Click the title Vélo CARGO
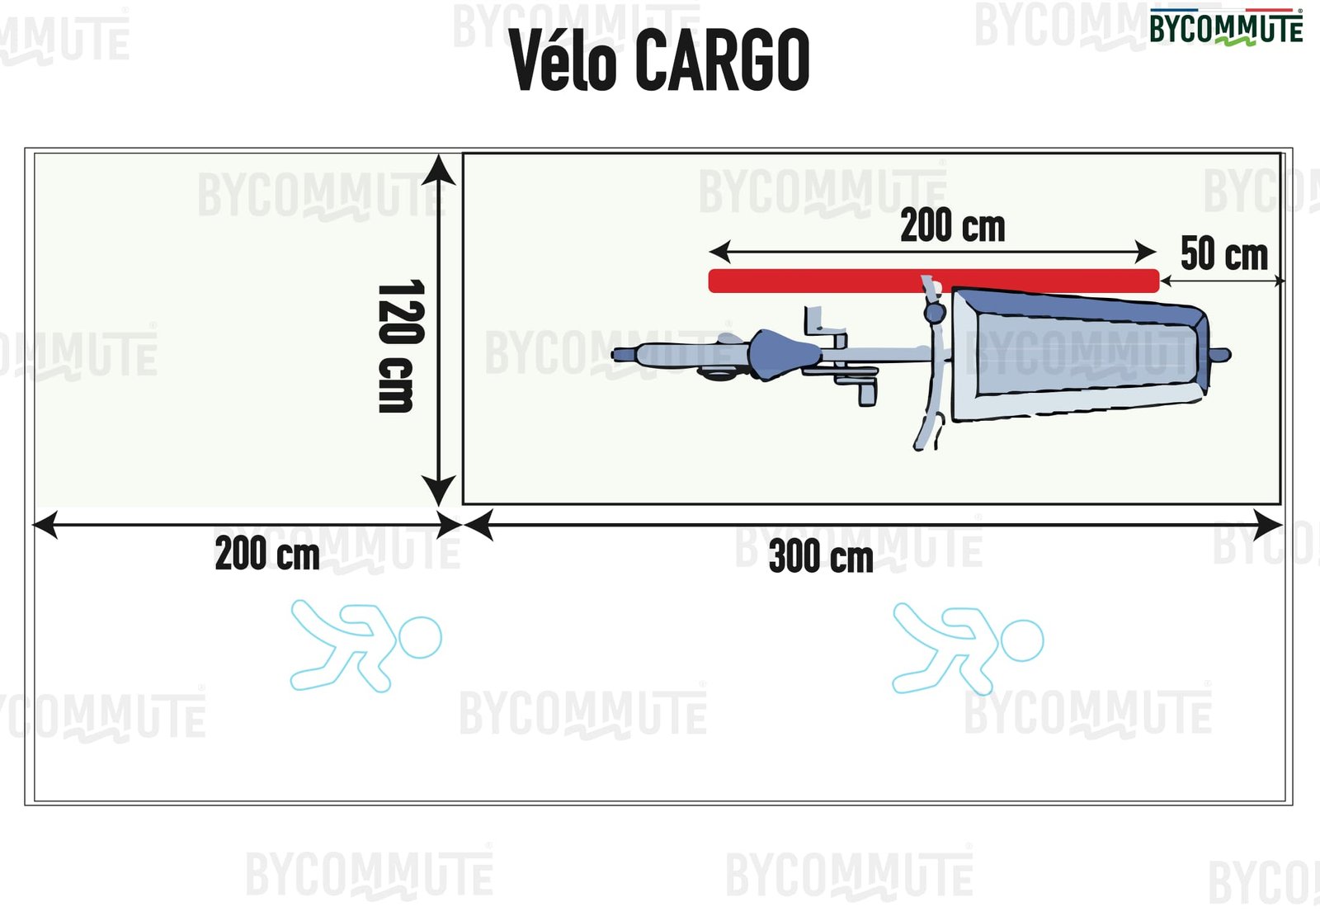pyautogui.click(x=659, y=60)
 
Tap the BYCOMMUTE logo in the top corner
pyautogui.click(x=1226, y=27)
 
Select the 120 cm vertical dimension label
pyautogui.click(x=401, y=346)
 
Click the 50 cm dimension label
pyautogui.click(x=1223, y=253)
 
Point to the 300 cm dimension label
pyautogui.click(x=821, y=555)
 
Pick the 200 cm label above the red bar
pyautogui.click(x=952, y=225)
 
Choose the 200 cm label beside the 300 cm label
pyautogui.click(x=267, y=553)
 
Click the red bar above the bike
pyautogui.click(x=934, y=281)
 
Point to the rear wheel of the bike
pyautogui.click(x=652, y=355)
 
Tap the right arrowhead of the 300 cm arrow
pyautogui.click(x=1270, y=525)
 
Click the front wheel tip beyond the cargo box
pyautogui.click(x=1221, y=356)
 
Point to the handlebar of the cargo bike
pyautogui.click(x=931, y=363)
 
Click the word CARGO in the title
pyautogui.click(x=723, y=60)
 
